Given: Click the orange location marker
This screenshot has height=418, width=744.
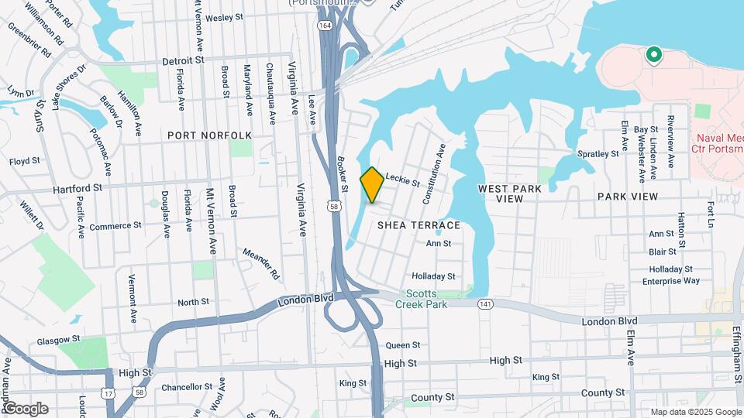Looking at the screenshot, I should point(372,185).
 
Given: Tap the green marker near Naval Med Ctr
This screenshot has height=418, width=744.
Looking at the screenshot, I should point(653,55).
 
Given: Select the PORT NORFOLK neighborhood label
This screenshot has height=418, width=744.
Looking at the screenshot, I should point(210,135).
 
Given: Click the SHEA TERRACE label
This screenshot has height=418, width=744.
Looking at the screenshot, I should point(419,225).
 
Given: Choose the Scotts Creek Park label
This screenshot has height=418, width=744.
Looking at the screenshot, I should point(427,300).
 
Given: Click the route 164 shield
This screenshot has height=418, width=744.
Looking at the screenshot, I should point(325,26).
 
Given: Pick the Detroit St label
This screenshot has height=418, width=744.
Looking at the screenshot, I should point(183,60).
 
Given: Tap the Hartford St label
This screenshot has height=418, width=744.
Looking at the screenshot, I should point(77,188).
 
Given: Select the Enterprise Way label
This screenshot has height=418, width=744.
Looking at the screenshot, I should point(671,281).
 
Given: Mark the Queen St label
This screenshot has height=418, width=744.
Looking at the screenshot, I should point(403,345).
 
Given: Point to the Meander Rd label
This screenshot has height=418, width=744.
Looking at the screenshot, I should point(260,263).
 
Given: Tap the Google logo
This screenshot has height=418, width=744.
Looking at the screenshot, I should point(26,409).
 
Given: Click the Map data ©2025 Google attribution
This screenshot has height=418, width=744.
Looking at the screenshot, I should point(694,412).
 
